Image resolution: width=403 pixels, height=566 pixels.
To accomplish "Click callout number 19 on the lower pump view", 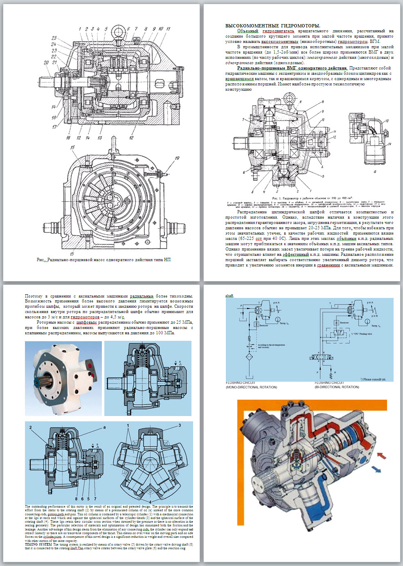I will (177, 158).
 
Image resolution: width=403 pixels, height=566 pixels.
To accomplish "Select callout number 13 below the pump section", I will (99, 138).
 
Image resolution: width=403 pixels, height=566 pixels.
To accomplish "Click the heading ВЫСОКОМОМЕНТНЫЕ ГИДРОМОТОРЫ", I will (273, 26).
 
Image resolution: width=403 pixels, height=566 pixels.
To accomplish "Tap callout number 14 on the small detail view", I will (390, 144).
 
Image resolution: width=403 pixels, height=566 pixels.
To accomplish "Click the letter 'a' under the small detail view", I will (375, 172).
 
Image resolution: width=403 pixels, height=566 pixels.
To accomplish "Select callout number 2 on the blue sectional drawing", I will (31, 427).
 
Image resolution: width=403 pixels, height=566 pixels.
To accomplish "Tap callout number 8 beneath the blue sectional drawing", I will (76, 499).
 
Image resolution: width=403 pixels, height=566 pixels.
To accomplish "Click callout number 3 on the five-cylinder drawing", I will (179, 426).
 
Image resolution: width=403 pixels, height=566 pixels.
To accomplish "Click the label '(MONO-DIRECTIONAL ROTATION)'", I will (251, 387).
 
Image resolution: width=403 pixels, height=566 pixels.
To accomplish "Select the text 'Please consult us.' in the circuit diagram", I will (374, 379).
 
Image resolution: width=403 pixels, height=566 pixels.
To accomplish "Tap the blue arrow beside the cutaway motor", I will (375, 469).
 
